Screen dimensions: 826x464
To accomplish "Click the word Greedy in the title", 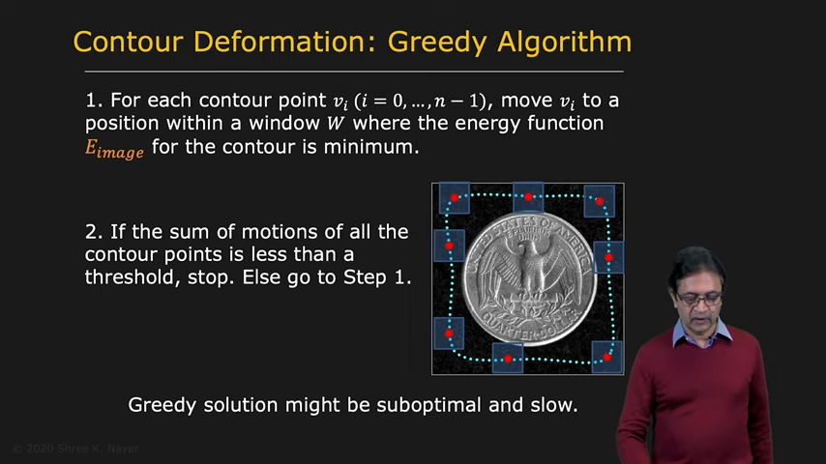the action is [x=437, y=43].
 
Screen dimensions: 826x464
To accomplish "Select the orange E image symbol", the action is [x=114, y=149].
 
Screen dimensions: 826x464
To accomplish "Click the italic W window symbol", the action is [x=336, y=124].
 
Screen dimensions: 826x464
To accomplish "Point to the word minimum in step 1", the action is [x=370, y=146].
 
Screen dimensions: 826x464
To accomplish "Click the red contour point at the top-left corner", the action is [x=454, y=198].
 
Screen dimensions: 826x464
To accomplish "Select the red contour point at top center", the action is [x=528, y=197].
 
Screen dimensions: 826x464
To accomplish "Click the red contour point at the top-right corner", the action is [x=599, y=201].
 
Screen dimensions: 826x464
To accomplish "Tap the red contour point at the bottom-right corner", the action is [x=606, y=357].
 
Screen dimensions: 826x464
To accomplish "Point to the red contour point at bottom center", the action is [x=507, y=360].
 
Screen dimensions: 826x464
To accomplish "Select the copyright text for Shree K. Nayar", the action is [x=75, y=449].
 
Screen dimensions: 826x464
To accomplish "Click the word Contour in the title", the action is [x=128, y=42].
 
